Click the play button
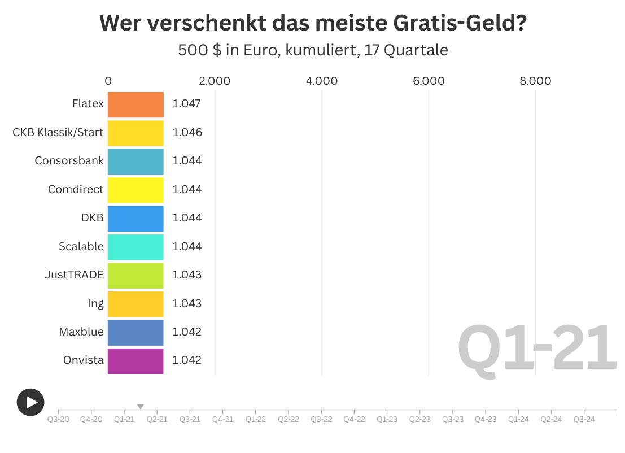click(30, 402)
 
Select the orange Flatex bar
click(136, 104)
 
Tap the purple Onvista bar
click(136, 360)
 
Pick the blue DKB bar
click(136, 218)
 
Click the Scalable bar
click(136, 246)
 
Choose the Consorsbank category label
click(69, 160)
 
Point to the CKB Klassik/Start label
click(58, 132)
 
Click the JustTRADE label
click(74, 275)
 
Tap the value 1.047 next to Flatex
click(187, 104)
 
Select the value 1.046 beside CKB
click(187, 132)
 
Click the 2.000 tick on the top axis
click(215, 81)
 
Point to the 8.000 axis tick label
click(535, 81)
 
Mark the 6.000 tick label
click(429, 81)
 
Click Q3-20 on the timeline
click(59, 419)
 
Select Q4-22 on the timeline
click(354, 419)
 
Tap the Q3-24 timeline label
click(584, 419)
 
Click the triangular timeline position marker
click(141, 406)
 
